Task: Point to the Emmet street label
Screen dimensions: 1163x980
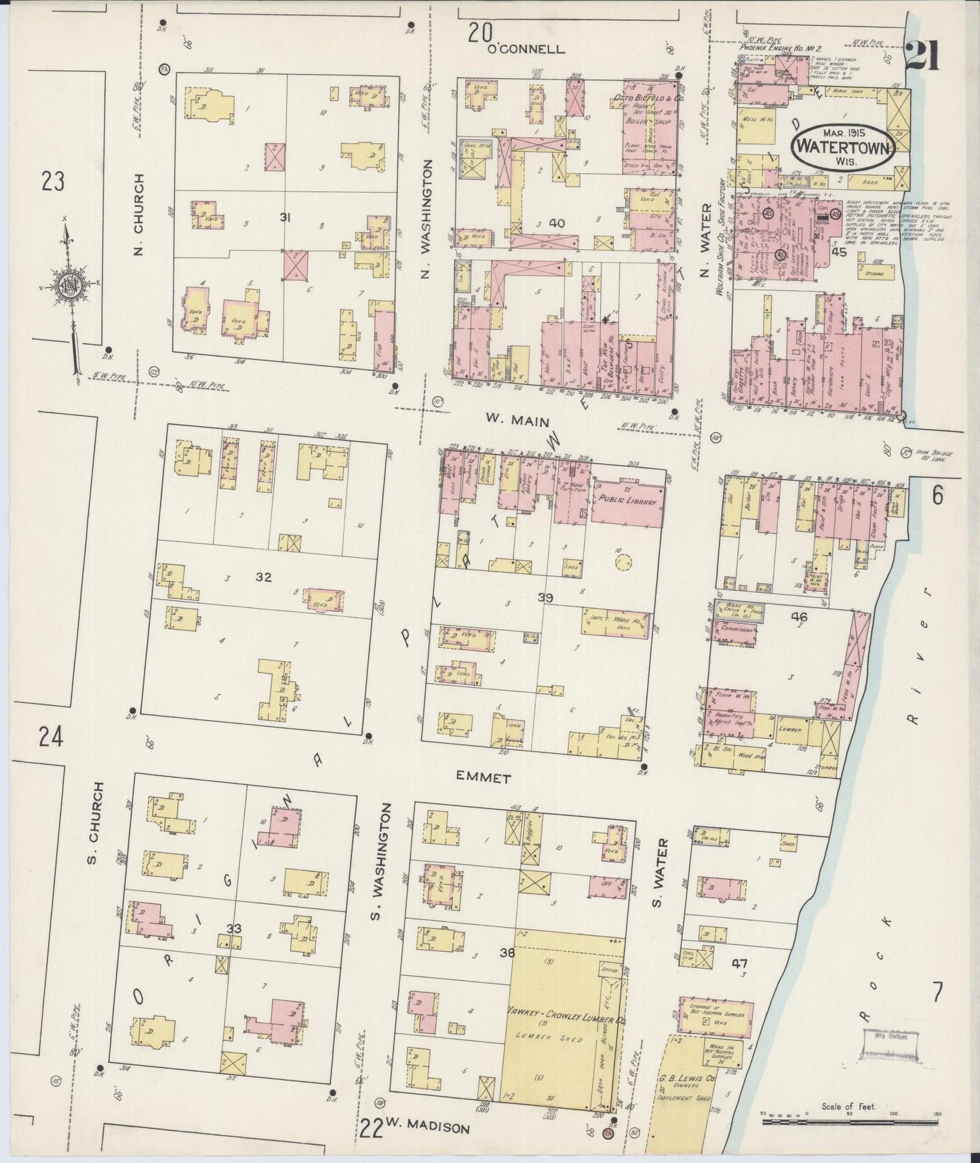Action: (482, 779)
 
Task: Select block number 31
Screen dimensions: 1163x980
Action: (286, 217)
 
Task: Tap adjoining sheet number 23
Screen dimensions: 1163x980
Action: (53, 182)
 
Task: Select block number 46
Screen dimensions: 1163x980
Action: (799, 617)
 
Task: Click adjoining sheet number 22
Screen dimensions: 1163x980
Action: (370, 1126)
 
